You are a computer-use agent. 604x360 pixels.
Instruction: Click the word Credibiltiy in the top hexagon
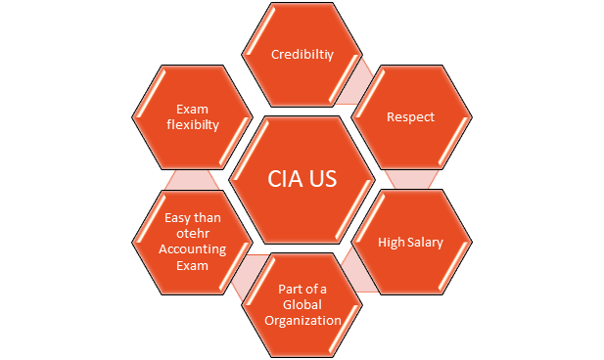tap(302, 55)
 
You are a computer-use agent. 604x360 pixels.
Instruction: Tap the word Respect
tap(410, 117)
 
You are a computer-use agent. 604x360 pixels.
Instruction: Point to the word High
tap(392, 242)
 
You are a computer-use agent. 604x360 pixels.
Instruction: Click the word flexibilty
tap(194, 125)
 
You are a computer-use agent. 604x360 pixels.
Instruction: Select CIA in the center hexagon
tap(284, 180)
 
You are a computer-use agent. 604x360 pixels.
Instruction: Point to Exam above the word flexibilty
tap(194, 110)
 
